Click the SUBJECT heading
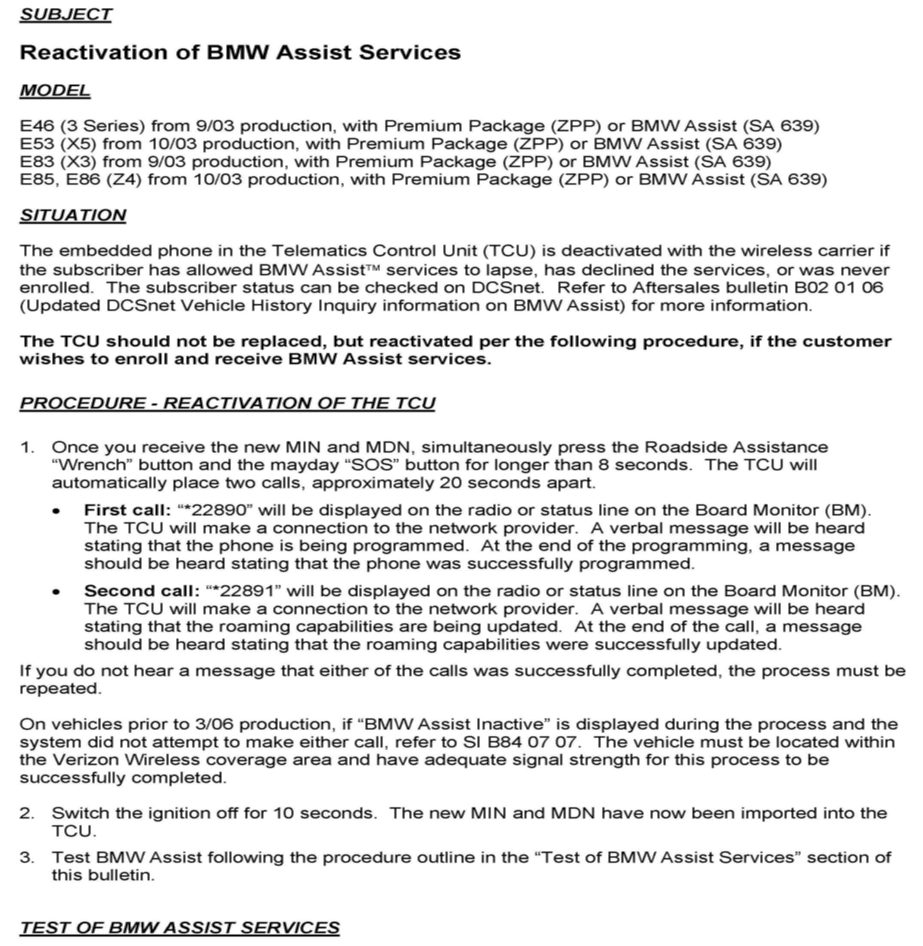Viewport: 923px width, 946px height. click(x=66, y=15)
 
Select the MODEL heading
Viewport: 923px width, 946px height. click(x=55, y=90)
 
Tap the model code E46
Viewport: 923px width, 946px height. click(x=36, y=126)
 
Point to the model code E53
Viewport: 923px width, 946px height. click(x=36, y=144)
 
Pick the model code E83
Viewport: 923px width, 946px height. click(x=36, y=161)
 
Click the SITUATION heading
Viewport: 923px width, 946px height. click(x=73, y=215)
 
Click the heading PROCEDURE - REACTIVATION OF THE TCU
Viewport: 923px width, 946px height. click(x=227, y=403)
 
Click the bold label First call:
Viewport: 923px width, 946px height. click(x=127, y=510)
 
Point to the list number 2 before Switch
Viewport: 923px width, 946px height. click(x=26, y=813)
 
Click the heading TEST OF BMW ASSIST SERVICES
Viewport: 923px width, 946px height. click(x=179, y=927)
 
